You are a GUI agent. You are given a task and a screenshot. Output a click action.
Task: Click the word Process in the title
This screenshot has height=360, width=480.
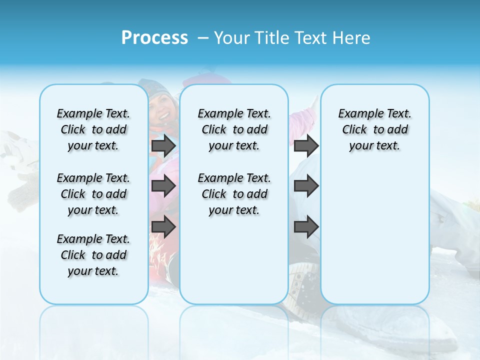(x=154, y=38)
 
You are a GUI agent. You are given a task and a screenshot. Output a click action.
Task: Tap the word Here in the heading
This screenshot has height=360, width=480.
(x=352, y=38)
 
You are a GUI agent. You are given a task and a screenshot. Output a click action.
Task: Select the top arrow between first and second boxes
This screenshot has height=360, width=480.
(x=163, y=146)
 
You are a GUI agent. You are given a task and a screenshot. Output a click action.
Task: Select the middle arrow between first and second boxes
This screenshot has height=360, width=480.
(x=163, y=186)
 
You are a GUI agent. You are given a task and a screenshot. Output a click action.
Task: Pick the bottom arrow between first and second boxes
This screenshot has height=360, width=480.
(x=163, y=227)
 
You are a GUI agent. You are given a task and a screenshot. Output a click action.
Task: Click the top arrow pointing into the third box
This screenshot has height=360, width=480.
(x=306, y=146)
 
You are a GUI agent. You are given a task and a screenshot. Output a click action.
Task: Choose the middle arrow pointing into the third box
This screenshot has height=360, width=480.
(x=306, y=186)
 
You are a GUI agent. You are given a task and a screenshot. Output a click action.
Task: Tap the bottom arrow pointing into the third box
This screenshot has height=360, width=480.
(x=306, y=227)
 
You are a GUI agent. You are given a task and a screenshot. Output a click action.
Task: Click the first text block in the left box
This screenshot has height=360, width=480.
(x=93, y=129)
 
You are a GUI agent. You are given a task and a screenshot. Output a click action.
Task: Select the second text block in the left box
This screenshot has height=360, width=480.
(x=93, y=194)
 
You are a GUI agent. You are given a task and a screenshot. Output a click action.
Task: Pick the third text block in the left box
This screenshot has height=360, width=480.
(x=93, y=255)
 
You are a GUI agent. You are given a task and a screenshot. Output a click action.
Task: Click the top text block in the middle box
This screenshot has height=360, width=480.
(x=234, y=129)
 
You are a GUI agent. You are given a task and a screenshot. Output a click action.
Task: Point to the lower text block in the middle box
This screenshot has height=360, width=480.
(x=234, y=194)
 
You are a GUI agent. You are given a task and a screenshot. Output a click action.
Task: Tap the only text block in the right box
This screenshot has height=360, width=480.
(x=374, y=129)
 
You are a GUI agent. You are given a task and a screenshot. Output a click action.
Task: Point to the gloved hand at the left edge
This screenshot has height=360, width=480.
(x=20, y=192)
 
